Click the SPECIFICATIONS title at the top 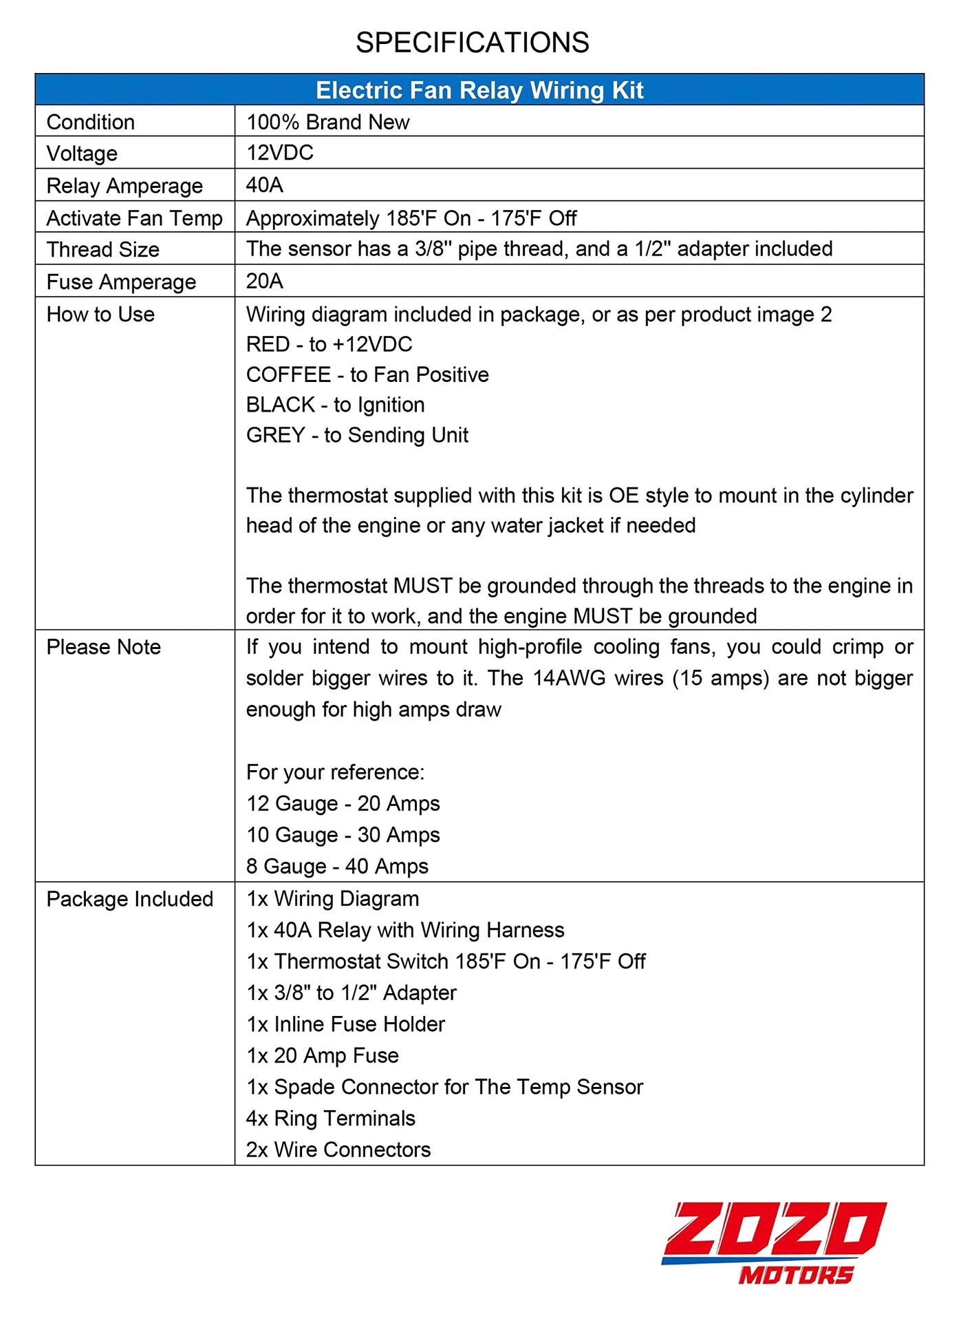tap(472, 43)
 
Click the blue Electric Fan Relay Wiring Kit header tap(479, 90)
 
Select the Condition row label tap(90, 122)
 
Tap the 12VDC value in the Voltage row tap(280, 152)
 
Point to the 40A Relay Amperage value tap(265, 184)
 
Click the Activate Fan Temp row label tap(134, 218)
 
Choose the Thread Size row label tap(102, 249)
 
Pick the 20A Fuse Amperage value tap(265, 281)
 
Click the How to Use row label tap(100, 314)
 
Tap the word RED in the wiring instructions tap(268, 344)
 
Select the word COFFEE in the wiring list tap(288, 374)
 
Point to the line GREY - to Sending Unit tap(357, 435)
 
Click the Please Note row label tap(103, 647)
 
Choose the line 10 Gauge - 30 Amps tap(343, 835)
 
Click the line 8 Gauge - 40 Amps tap(337, 866)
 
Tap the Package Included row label tap(129, 899)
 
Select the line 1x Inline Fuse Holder tap(345, 1024)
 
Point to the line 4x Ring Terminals tap(330, 1119)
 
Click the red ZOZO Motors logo tap(774, 1243)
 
